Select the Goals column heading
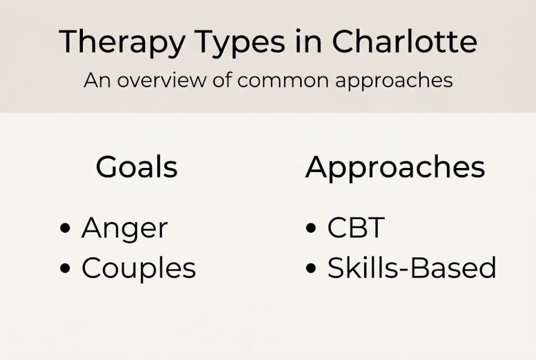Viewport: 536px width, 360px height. tap(136, 167)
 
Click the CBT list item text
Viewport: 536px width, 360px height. tap(356, 228)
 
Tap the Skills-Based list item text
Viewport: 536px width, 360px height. tap(412, 268)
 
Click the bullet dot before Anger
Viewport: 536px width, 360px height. tap(64, 229)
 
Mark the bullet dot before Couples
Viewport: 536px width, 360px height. tap(64, 269)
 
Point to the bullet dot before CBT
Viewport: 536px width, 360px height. tap(311, 229)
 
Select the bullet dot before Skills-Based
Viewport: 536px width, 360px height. tap(311, 269)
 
